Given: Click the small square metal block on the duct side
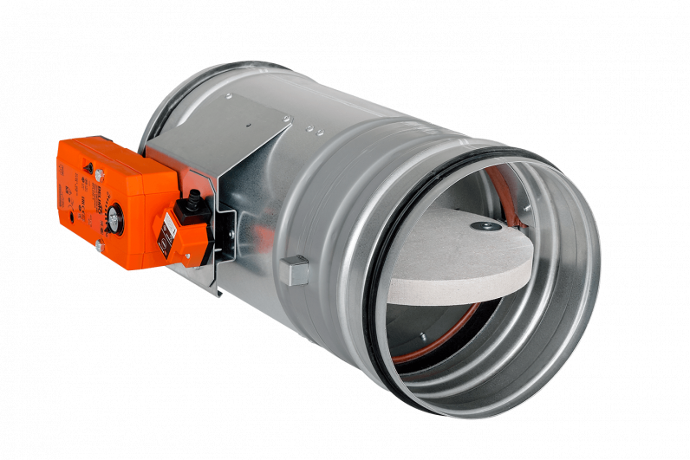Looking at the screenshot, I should click(297, 270).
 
